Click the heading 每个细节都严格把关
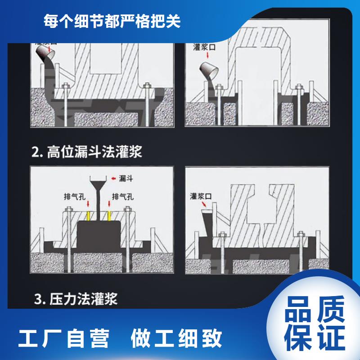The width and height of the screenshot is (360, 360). tap(112, 21)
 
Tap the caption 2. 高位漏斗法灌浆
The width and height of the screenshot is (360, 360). tap(87, 152)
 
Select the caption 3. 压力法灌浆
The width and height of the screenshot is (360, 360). tap(76, 299)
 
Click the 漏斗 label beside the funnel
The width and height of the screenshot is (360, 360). tap(126, 178)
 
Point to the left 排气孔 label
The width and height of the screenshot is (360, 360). tap(75, 197)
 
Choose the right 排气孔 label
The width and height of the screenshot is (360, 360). tap(123, 197)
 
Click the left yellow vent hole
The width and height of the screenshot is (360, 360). tap(88, 216)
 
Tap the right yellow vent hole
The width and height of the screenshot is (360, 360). tap(109, 216)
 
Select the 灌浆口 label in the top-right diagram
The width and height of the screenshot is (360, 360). tap(204, 47)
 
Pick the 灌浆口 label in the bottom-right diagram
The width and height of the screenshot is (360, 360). tap(201, 196)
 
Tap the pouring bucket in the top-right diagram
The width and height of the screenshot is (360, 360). tap(209, 71)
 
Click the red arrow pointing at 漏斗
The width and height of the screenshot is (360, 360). tap(113, 178)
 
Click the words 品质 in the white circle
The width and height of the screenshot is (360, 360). tap(315, 309)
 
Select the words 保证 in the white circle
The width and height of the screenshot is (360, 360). tap(315, 337)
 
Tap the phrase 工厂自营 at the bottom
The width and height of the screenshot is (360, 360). tap(64, 338)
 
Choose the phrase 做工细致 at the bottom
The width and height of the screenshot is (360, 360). tap(176, 338)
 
